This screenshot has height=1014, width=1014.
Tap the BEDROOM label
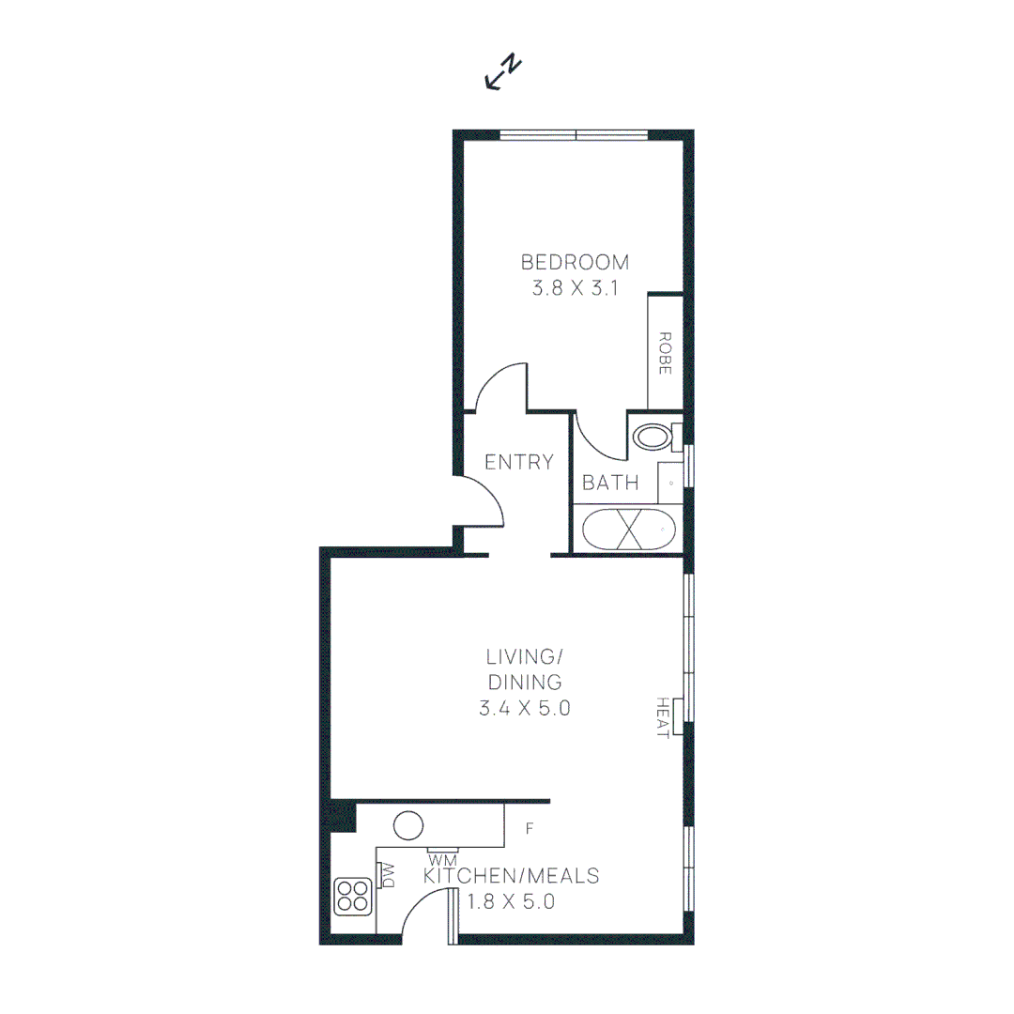[x=575, y=262]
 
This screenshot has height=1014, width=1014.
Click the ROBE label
[x=664, y=353]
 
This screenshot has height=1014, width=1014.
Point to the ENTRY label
[x=518, y=462]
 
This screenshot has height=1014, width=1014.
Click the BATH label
[x=610, y=484]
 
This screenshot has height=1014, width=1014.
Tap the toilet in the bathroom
[x=653, y=436]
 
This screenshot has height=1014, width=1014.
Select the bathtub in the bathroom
[x=630, y=529]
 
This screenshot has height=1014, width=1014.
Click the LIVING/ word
[x=524, y=654]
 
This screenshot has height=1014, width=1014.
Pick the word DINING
[x=524, y=682]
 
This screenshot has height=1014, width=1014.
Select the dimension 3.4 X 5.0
[x=524, y=709]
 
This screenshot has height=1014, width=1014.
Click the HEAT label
[x=662, y=717]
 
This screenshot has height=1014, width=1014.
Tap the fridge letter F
[x=530, y=829]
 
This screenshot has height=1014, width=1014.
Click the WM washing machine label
[x=441, y=859]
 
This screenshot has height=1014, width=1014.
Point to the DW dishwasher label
[x=388, y=876]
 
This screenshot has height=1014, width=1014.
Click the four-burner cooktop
[x=354, y=896]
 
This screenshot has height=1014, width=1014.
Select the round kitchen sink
[x=408, y=826]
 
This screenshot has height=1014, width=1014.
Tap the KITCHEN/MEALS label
[x=512, y=876]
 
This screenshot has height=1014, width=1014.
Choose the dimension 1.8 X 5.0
[x=512, y=903]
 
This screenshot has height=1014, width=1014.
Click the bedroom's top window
[x=574, y=135]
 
